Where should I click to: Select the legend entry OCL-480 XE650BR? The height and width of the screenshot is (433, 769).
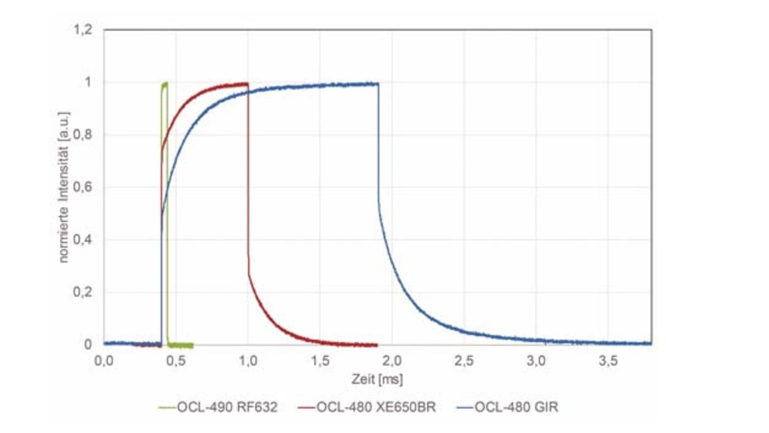[375, 408]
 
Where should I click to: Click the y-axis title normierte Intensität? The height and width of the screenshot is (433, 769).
[64, 187]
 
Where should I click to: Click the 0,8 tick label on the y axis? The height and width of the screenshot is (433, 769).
[83, 135]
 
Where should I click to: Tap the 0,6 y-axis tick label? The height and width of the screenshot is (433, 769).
[83, 187]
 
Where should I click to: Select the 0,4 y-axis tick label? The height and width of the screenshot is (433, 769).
[83, 240]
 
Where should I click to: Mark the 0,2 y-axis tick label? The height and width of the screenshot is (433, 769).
[83, 292]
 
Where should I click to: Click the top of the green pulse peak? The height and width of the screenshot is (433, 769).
[165, 83]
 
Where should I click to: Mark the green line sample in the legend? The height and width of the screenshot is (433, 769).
[168, 408]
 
